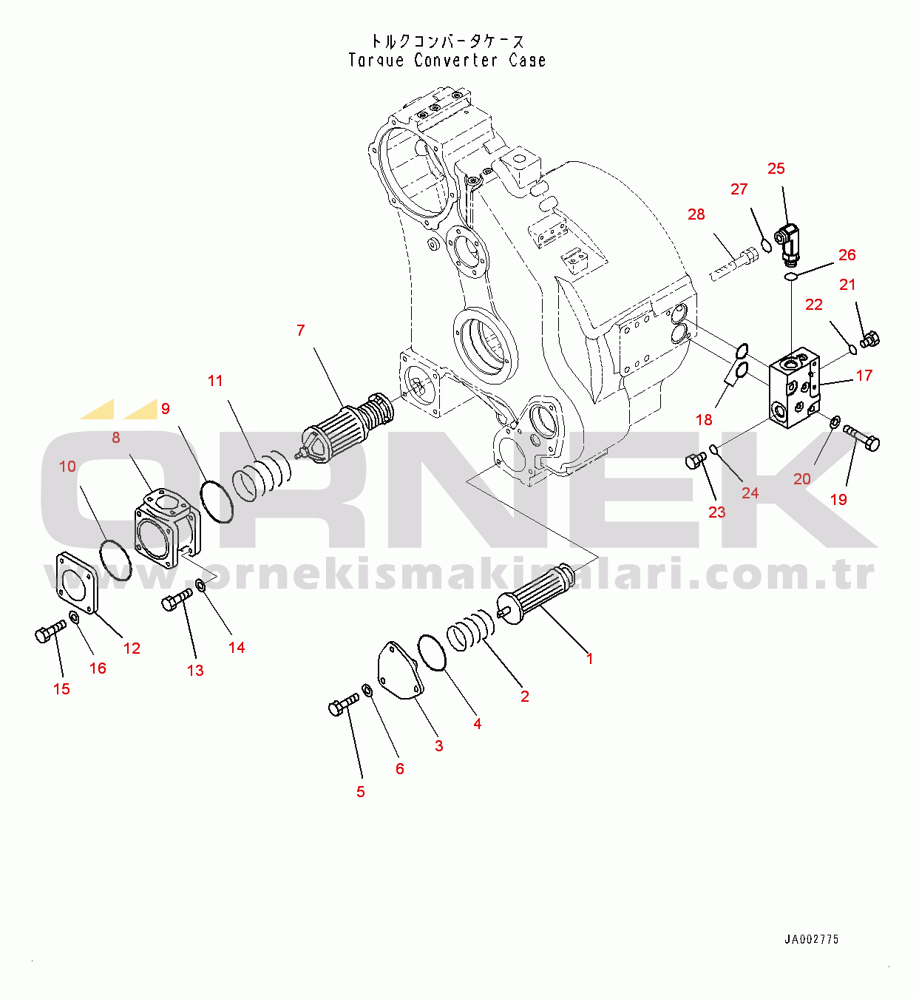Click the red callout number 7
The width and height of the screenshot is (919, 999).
[300, 331]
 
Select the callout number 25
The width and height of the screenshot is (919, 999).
[776, 169]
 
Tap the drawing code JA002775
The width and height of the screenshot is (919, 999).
[811, 939]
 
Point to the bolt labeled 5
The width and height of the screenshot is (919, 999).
[342, 705]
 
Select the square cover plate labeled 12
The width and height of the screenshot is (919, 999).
[76, 583]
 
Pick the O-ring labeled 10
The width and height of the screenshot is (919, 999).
[115, 560]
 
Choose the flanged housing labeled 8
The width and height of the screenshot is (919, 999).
[166, 526]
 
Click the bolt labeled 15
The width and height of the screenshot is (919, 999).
[50, 631]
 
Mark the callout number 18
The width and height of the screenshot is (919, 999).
[704, 420]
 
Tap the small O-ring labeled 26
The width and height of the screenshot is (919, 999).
[790, 277]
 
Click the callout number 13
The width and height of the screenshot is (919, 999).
[195, 671]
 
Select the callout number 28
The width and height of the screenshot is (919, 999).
[696, 214]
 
